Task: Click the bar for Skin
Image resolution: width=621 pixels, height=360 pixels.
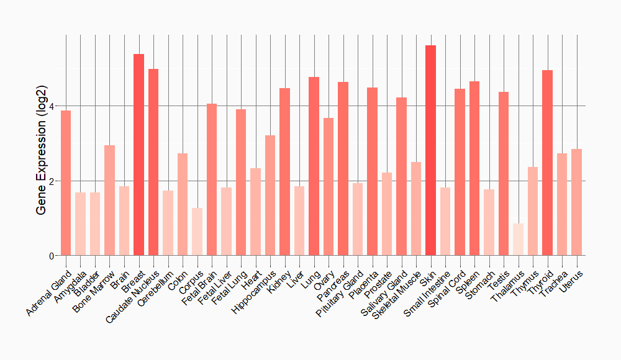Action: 430,150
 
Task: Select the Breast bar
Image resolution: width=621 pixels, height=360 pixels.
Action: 138,155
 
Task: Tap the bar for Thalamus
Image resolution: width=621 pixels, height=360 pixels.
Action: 518,240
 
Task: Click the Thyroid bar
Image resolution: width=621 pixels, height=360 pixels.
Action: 547,163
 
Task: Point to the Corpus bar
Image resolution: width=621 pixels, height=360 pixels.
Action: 197,232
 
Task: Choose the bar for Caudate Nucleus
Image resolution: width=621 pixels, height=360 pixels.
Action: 153,162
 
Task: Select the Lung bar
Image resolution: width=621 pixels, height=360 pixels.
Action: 314,166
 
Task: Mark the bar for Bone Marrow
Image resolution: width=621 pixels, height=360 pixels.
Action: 109,200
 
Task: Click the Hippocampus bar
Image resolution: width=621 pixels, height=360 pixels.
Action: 270,196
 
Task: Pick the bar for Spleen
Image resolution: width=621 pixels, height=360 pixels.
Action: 474,168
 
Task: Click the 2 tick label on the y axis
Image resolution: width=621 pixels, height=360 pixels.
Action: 52,181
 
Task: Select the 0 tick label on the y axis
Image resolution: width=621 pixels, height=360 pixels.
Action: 52,256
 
